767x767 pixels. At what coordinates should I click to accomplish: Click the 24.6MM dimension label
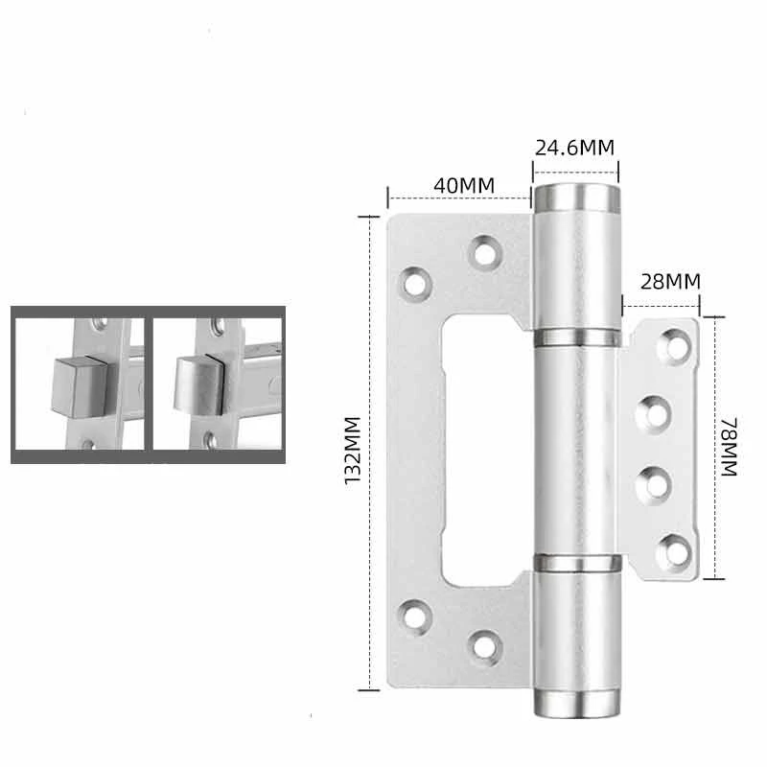tap(574, 148)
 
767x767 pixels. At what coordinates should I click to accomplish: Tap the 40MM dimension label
tap(464, 185)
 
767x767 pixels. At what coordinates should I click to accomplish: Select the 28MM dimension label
tap(670, 281)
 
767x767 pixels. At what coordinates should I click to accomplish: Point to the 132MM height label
tap(353, 451)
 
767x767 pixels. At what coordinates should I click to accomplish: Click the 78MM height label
tap(729, 447)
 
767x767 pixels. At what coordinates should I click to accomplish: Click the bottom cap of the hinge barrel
tap(577, 704)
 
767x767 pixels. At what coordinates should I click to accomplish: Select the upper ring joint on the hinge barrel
tap(577, 337)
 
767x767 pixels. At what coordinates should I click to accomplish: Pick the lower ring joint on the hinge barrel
tap(577, 563)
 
